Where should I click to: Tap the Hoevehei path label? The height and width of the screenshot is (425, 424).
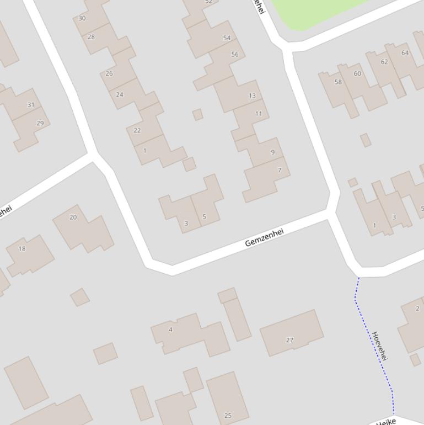pos(380,347)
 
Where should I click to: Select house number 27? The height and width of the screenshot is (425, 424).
pos(289,340)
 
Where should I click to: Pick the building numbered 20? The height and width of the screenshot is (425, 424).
pos(73,217)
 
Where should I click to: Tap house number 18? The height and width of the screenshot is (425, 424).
pos(22,248)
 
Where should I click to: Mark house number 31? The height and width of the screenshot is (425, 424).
pos(30,105)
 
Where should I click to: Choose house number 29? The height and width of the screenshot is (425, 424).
pos(40,123)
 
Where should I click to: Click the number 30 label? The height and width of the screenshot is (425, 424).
pos(82,18)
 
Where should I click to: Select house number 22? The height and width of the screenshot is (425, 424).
pos(137,131)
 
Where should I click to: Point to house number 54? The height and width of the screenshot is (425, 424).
pos(227,38)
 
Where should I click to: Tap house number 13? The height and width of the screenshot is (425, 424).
pos(252,95)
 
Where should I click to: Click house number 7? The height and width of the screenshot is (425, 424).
pos(280,170)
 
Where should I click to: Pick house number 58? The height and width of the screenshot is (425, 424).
pos(338,82)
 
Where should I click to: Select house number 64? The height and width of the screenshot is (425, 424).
pos(405,53)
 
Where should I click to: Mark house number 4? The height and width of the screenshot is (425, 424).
pos(170,330)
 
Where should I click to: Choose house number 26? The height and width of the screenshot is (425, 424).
pos(109,73)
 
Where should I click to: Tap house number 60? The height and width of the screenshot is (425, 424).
pos(357,73)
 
